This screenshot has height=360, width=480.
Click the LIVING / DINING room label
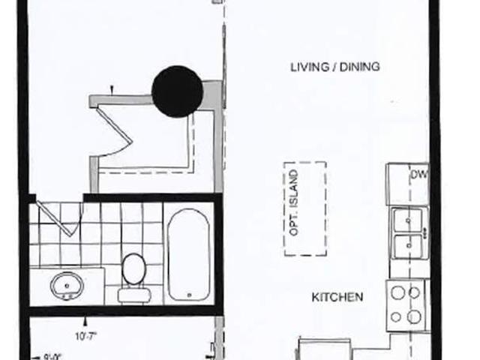coord(335,67)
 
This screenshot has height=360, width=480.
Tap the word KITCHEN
coord(337,298)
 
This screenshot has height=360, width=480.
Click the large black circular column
coord(177,91)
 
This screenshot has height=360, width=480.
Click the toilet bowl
coord(134,268)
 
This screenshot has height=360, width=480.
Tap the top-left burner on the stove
coord(396,292)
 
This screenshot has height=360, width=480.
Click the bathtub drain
coord(187,294)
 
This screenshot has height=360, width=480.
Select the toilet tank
coord(133,294)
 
